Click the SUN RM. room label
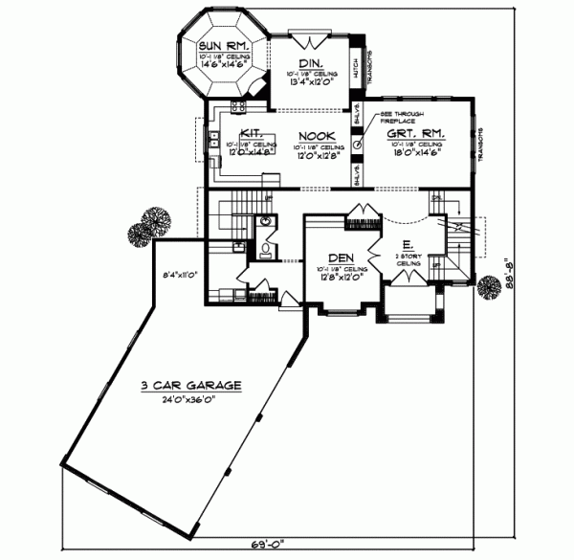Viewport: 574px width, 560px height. [x=226, y=45]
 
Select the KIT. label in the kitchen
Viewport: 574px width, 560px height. [x=252, y=134]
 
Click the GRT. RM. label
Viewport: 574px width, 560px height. [x=414, y=135]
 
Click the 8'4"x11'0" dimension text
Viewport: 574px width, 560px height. [x=179, y=273]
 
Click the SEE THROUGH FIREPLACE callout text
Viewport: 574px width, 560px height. [x=390, y=117]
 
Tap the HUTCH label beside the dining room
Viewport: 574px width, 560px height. [x=353, y=69]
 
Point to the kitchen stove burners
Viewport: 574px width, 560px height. [x=235, y=106]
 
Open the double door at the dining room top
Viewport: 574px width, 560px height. [x=309, y=38]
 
